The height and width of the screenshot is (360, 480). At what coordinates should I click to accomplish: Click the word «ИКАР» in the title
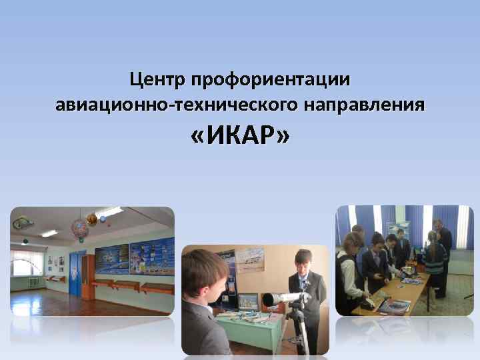click(240, 137)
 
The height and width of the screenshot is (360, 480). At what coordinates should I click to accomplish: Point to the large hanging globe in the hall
click(81, 229)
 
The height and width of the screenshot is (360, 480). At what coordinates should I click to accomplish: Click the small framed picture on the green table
click(247, 303)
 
